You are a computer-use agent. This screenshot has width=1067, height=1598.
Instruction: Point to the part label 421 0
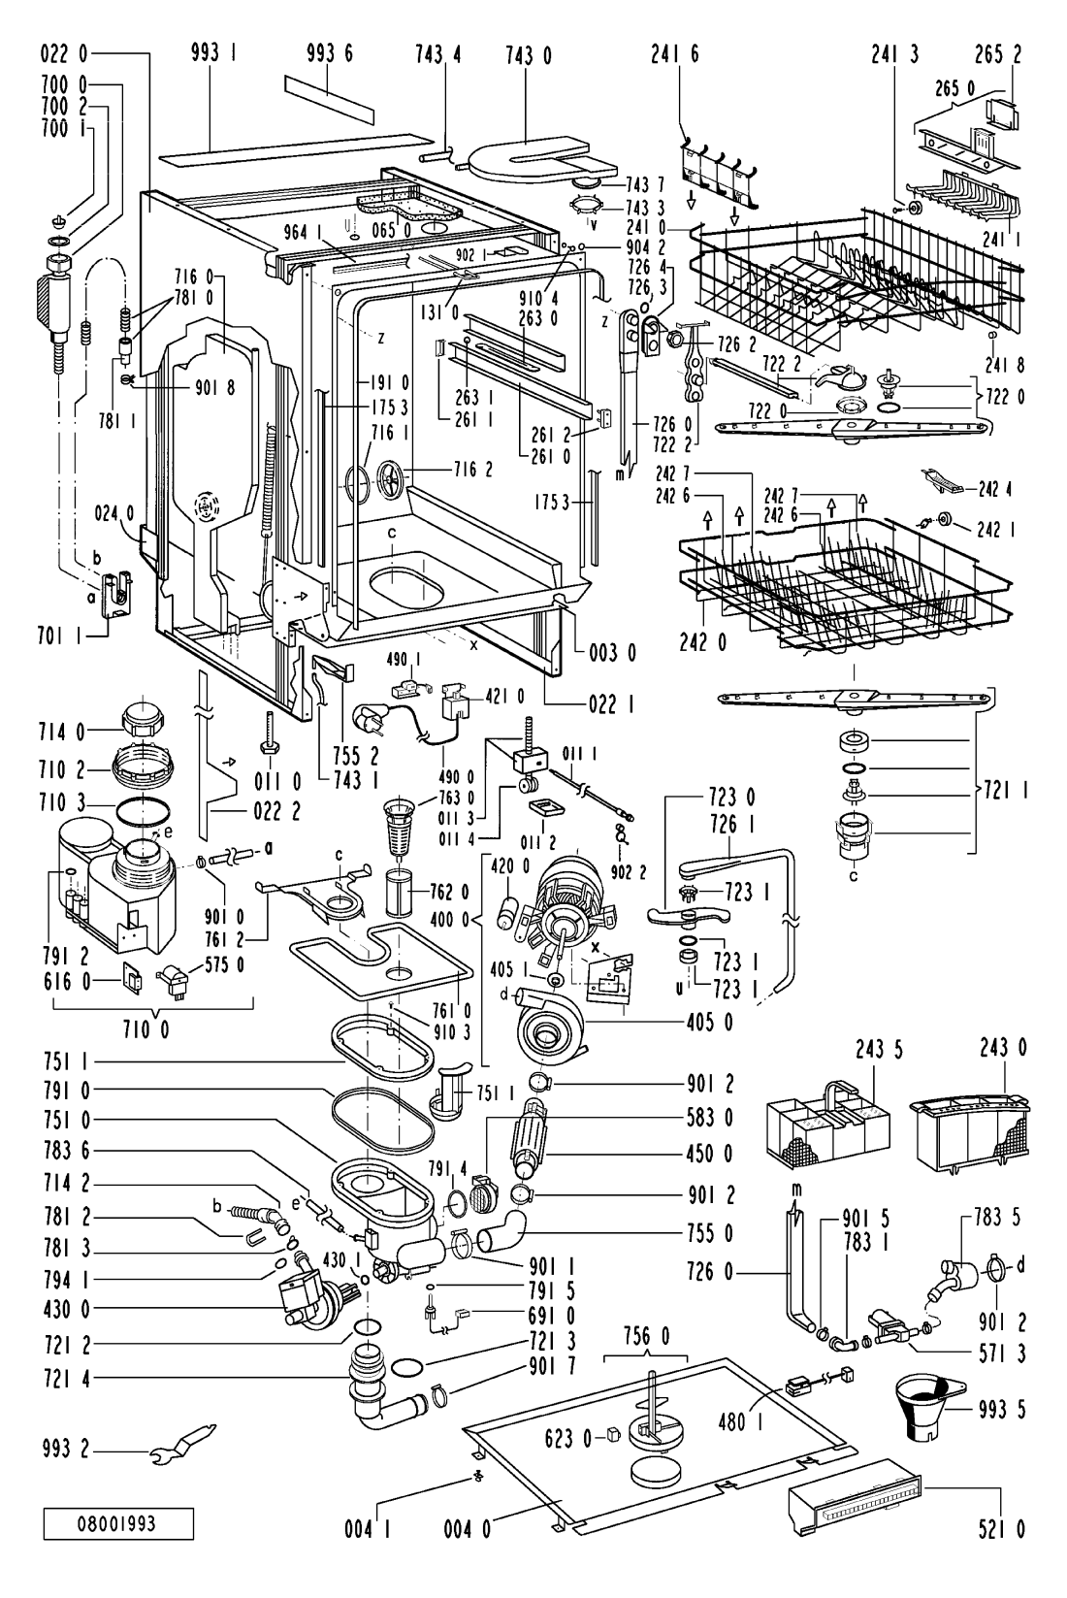[x=504, y=695]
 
